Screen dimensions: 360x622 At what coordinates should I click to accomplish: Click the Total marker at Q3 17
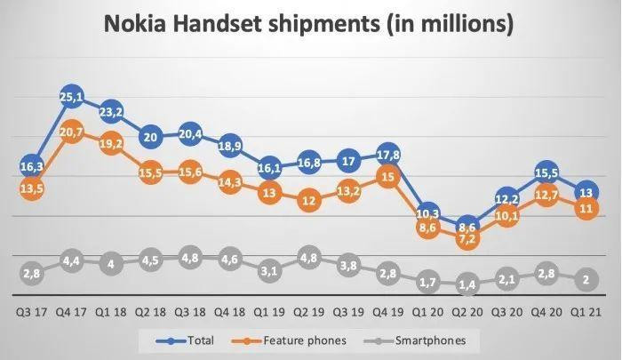click(x=31, y=164)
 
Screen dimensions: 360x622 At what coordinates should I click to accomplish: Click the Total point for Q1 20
click(x=427, y=213)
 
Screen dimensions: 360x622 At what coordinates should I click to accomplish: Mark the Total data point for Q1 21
click(x=586, y=192)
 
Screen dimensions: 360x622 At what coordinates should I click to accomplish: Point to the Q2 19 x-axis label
click(x=308, y=311)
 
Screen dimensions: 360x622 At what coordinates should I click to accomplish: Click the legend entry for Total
click(x=191, y=339)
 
